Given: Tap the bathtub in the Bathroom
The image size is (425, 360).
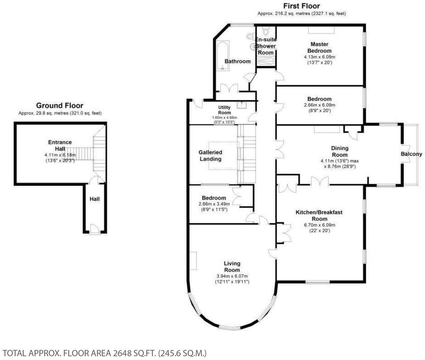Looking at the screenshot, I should [223, 55].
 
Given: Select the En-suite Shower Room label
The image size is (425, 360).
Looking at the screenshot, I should [266, 46].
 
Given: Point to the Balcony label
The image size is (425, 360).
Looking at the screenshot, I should [411, 154].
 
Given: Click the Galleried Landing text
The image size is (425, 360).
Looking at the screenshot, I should [210, 155].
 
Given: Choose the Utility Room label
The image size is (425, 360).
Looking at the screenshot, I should [224, 110].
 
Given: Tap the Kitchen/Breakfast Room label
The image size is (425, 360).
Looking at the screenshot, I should [319, 215].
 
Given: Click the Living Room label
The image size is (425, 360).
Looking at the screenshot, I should [232, 267].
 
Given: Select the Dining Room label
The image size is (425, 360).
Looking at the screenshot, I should [340, 152].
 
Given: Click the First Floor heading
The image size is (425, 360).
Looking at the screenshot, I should [302, 6].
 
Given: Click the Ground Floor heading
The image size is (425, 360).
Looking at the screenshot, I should [59, 106].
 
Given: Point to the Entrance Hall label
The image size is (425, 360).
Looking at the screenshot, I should [60, 145].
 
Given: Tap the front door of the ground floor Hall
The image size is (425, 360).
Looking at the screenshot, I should [94, 230].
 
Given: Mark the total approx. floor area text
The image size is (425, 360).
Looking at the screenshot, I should [104, 353].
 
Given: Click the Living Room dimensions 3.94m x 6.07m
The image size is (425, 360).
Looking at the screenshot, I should [232, 276].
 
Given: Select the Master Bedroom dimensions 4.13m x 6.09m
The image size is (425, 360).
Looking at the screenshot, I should [319, 57].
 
